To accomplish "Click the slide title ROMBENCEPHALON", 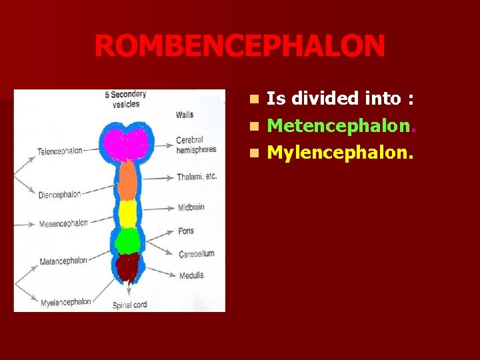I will coord(239,46).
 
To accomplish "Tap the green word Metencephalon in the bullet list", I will coord(341,124).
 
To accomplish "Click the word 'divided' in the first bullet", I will coord(327,99).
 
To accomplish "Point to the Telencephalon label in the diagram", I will coord(60,151).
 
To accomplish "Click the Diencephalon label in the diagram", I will coord(59,195).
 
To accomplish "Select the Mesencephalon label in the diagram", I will coord(63,223).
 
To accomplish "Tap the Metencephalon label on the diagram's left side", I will coord(63,261).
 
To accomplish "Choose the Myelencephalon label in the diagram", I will coord(65,301).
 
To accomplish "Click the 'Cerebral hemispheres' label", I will coord(195,145).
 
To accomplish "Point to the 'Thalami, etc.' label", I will coord(197,177).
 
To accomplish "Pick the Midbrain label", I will coord(191,207).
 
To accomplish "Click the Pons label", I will coord(186,231).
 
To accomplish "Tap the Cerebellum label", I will coord(196,254).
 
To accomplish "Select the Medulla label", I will coord(191,275).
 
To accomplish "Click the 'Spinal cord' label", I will coord(130,305).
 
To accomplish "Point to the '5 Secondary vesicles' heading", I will coord(125,99).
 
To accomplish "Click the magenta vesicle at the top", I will coord(127,143).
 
